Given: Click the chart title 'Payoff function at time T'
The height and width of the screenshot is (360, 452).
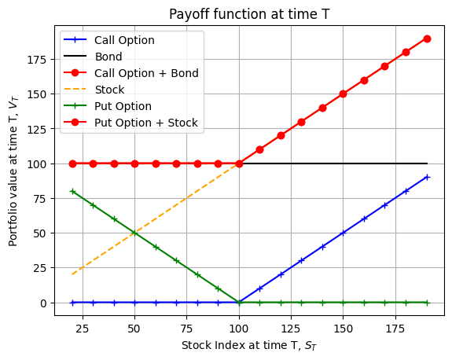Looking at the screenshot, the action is pyautogui.click(x=249, y=14).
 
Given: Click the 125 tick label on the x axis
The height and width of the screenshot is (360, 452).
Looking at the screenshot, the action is pyautogui.click(x=291, y=329).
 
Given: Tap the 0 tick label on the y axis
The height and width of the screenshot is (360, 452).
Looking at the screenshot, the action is pyautogui.click(x=43, y=303).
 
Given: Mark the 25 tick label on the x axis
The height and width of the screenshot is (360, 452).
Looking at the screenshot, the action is pyautogui.click(x=83, y=329).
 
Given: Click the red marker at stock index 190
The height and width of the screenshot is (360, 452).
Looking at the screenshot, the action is pyautogui.click(x=427, y=39).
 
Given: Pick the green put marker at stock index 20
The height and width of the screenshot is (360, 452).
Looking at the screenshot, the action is pyautogui.click(x=72, y=191).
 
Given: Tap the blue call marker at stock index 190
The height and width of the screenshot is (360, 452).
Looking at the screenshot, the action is pyautogui.click(x=427, y=178).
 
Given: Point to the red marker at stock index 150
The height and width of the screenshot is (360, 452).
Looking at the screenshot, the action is pyautogui.click(x=343, y=94).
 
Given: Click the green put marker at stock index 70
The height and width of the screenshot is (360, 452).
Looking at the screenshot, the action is pyautogui.click(x=176, y=261).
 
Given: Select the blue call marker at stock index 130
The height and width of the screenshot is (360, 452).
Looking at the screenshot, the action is pyautogui.click(x=301, y=260).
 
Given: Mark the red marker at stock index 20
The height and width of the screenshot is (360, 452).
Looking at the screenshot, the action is pyautogui.click(x=72, y=163).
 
